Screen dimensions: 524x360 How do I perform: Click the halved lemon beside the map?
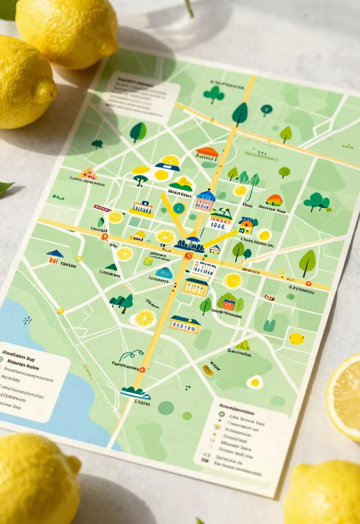(345, 396)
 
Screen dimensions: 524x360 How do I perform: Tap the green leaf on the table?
(5, 188)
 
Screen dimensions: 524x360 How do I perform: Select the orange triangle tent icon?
(88, 174)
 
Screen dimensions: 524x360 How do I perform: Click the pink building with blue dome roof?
(205, 201)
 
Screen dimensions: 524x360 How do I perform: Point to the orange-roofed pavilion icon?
(207, 153)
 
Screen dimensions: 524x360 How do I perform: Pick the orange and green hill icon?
(274, 200)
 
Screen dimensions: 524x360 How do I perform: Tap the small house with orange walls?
(247, 225)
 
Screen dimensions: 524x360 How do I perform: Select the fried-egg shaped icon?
(254, 382)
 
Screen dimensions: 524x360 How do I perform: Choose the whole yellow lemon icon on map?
(297, 338)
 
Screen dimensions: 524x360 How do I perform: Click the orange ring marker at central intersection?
(189, 255)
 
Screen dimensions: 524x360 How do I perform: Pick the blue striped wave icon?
(135, 392)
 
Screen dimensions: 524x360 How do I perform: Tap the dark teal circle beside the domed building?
(178, 208)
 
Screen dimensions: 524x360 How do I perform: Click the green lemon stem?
(189, 8)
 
